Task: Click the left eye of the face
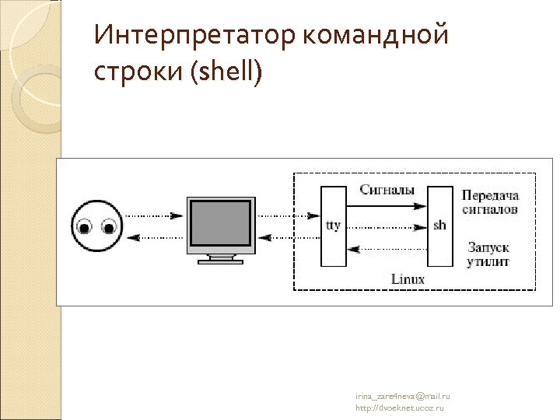point(85,227)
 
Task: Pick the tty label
point(333,226)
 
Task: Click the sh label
point(440,226)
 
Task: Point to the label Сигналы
point(387,190)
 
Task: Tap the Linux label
point(407,278)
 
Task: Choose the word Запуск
point(488,247)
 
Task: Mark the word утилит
point(488,261)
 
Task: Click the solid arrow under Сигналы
point(387,205)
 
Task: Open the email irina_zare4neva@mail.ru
point(403,397)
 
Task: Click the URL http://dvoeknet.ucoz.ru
point(400,408)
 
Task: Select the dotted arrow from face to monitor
point(156,215)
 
